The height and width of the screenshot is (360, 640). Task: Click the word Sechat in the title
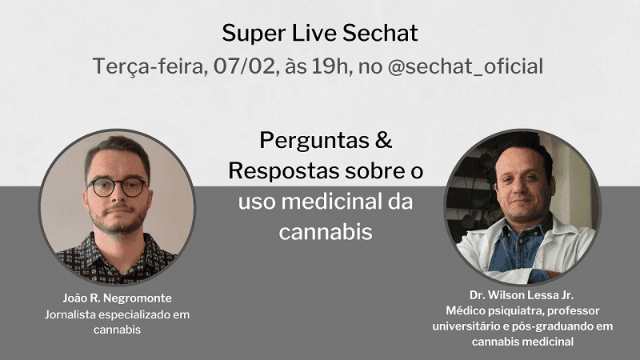[x=382, y=34]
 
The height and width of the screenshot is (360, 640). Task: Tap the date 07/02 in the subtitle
[x=240, y=66]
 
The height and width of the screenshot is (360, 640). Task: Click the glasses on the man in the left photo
[x=118, y=186]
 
